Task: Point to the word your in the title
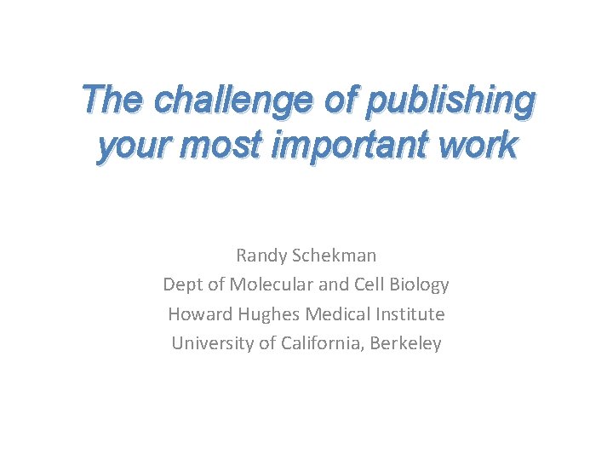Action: coord(128,147)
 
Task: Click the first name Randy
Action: coord(261,255)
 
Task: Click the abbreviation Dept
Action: coord(182,285)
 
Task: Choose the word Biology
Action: coord(419,285)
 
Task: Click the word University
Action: coord(209,344)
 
